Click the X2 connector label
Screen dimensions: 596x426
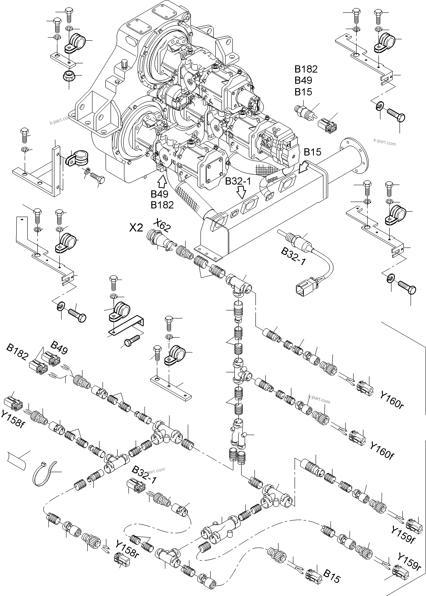(136, 228)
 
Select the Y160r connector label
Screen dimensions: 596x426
(392, 401)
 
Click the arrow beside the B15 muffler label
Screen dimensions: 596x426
(304, 167)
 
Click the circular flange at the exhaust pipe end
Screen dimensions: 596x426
(354, 157)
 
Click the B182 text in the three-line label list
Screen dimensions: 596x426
(306, 69)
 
